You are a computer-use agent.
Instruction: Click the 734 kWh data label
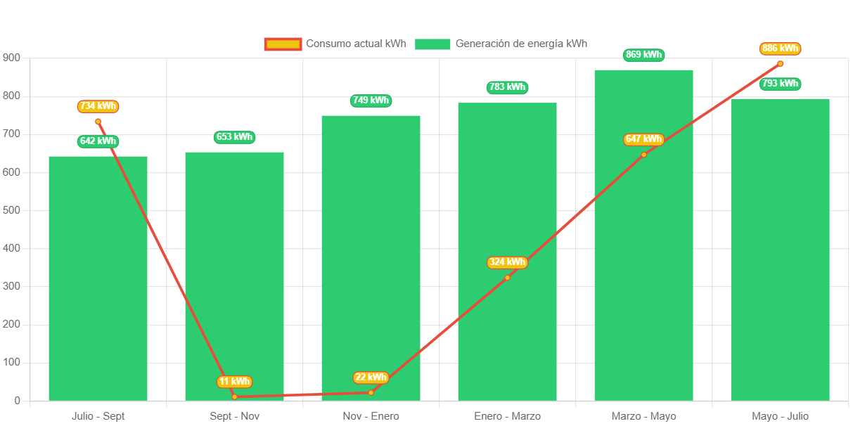pos(98,106)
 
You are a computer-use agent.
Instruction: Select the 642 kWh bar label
pos(98,141)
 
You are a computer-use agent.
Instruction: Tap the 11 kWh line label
pos(234,382)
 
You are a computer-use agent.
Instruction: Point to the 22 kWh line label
pos(371,377)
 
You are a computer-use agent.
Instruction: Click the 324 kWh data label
pos(507,262)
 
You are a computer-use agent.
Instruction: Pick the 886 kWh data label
pos(780,49)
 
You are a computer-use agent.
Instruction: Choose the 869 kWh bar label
pos(643,55)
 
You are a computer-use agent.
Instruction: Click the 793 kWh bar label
pos(780,84)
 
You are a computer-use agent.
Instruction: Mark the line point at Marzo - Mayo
pos(643,155)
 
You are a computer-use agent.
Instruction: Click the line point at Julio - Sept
pos(98,122)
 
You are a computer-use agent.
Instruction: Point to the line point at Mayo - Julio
pos(780,64)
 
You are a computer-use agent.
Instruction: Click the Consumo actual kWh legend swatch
pos(283,44)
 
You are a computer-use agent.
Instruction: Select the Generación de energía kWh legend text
pos(521,44)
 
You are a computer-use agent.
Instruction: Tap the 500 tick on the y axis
pos(11,210)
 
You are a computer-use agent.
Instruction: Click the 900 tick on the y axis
pos(11,58)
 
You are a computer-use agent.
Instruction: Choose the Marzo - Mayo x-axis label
pos(643,416)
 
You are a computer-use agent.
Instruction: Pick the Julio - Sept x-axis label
pos(98,416)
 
